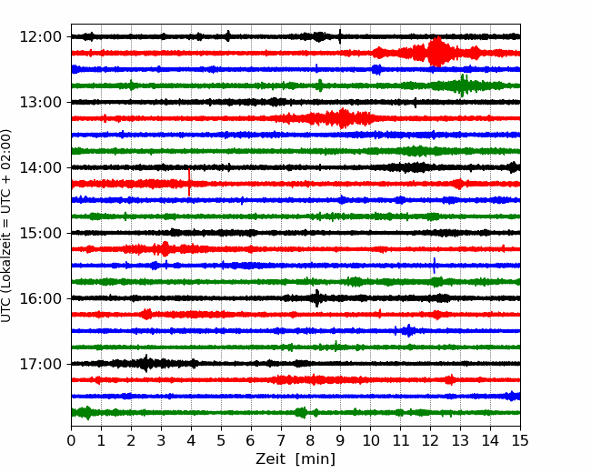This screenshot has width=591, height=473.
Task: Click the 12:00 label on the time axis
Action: (x=40, y=37)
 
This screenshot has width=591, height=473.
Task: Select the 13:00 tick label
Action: (x=40, y=102)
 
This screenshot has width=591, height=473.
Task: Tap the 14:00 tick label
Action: (x=40, y=168)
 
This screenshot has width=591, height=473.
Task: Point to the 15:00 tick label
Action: (x=40, y=233)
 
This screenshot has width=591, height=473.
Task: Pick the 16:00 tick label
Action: (x=40, y=298)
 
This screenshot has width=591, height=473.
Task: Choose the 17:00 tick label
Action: (x=40, y=365)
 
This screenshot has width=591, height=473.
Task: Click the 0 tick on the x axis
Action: (x=71, y=440)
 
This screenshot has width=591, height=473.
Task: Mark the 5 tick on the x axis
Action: (x=221, y=440)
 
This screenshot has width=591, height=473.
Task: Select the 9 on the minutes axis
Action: (x=340, y=440)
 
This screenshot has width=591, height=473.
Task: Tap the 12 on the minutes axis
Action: (x=430, y=440)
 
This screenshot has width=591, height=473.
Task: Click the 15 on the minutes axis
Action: (x=520, y=440)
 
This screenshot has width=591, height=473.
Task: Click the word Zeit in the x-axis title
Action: (x=270, y=459)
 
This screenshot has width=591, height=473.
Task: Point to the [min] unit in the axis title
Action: (x=316, y=459)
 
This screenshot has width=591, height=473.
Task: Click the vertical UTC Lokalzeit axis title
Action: (x=5, y=226)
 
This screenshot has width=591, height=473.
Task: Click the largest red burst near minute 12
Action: (x=436, y=52)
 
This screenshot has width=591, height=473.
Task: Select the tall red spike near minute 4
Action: (x=189, y=183)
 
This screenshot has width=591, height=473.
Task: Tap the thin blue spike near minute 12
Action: (x=435, y=266)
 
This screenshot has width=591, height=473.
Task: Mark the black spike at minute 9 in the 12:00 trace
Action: (x=340, y=36)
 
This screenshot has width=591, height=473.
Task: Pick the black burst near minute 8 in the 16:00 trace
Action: (x=317, y=298)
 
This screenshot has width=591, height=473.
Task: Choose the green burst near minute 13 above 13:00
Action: (x=463, y=86)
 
